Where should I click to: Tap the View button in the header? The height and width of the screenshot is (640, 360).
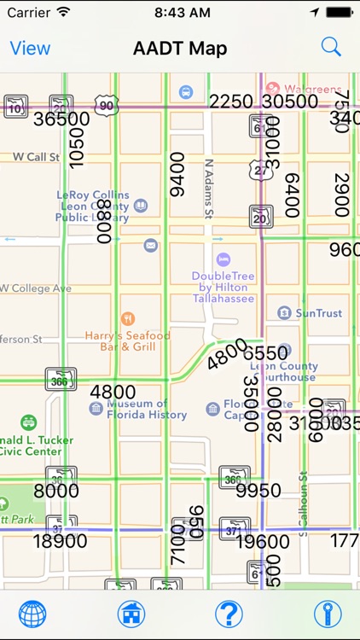click(30, 48)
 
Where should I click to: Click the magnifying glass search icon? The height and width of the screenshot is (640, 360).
click(331, 47)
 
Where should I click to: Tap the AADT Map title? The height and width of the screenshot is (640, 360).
click(180, 48)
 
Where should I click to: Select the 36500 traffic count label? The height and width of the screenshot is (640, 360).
click(61, 119)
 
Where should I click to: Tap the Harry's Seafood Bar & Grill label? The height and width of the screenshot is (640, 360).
click(128, 340)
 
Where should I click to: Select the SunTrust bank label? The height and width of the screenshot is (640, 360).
click(317, 313)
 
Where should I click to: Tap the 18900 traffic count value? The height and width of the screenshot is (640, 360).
click(60, 541)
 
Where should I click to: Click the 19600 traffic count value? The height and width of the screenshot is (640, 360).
click(262, 541)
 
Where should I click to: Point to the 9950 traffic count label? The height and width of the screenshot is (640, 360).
click(258, 491)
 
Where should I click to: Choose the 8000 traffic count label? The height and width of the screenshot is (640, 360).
click(56, 491)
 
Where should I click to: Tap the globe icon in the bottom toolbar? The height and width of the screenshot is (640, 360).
click(32, 614)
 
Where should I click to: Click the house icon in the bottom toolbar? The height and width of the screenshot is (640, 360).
click(131, 614)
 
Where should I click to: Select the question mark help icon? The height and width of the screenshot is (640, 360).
click(228, 614)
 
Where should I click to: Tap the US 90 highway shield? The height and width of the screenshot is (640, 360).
click(106, 106)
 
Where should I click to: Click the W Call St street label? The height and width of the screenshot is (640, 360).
click(36, 157)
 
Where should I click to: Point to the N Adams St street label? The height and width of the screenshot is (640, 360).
click(208, 188)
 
